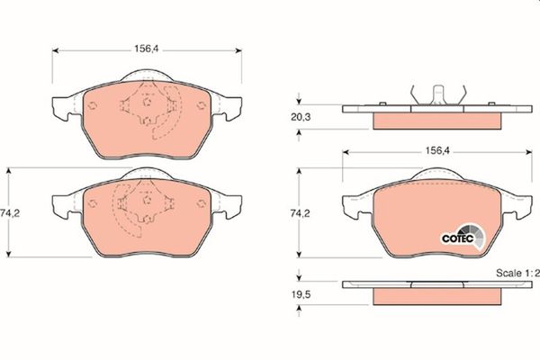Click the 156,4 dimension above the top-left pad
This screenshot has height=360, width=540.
point(147,49)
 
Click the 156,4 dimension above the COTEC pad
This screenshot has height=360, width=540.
point(437,150)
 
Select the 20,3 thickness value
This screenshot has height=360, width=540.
point(301,117)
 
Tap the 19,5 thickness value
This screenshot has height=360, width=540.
point(301,294)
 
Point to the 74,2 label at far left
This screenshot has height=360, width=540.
point(10,213)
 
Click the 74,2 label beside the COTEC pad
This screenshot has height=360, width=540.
point(300,213)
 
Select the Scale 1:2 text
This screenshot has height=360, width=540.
point(517,274)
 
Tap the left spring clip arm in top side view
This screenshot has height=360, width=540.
point(414,94)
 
